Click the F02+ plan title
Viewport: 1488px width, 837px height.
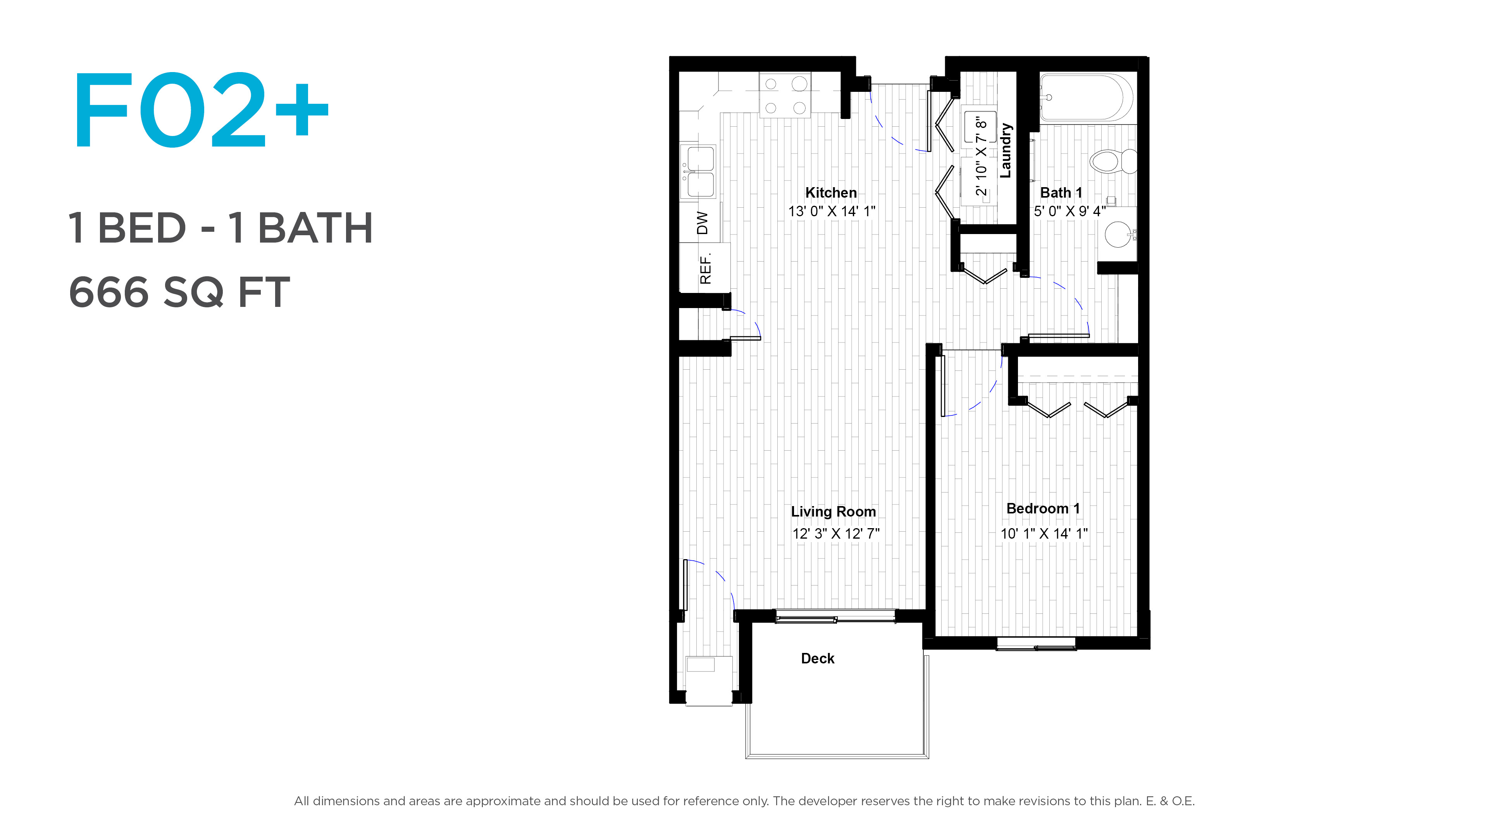[x=200, y=110]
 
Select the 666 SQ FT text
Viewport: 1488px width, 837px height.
[x=179, y=292]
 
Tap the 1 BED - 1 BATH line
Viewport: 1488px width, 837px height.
[x=220, y=228]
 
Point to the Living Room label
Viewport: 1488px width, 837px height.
[x=834, y=512]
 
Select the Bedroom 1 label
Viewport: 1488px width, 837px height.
[x=1043, y=509]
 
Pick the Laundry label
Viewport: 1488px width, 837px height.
[x=1006, y=150]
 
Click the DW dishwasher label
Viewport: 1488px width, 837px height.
[x=703, y=223]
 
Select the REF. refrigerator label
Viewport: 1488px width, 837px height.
[x=705, y=269]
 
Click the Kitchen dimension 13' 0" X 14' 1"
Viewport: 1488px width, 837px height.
[x=832, y=212]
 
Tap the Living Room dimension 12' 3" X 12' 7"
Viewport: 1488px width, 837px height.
[x=836, y=534]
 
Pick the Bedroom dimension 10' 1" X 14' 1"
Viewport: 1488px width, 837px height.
[x=1044, y=534]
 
